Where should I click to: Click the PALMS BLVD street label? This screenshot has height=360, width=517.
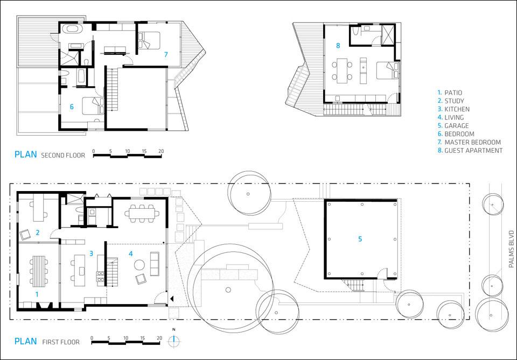(x=512, y=249)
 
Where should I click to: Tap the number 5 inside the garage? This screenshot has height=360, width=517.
(x=360, y=239)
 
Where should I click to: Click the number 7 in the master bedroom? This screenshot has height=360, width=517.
(x=166, y=55)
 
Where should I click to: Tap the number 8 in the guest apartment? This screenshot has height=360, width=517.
(x=338, y=46)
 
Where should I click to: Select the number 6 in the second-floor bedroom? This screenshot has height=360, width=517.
(x=72, y=107)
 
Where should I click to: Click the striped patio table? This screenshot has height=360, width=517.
(x=39, y=271)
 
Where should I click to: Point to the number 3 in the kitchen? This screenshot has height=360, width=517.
(x=91, y=253)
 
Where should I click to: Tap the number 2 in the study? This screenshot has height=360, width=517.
(x=38, y=232)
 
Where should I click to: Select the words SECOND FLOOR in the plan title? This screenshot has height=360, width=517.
(x=63, y=155)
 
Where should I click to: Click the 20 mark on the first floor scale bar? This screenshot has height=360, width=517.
(x=159, y=338)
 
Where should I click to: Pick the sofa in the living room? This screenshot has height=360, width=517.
(x=155, y=264)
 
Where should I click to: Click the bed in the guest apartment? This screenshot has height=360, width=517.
(x=388, y=70)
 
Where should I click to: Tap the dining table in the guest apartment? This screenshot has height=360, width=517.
(x=342, y=70)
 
